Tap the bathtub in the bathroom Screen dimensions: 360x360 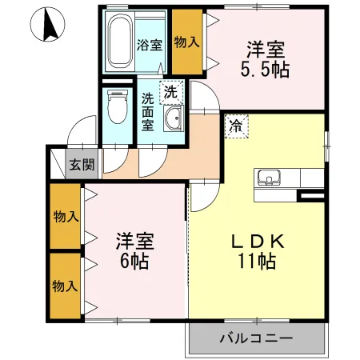click(x=120, y=41)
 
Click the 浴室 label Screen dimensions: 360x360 click(x=150, y=45)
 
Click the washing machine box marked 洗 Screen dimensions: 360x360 click(x=170, y=92)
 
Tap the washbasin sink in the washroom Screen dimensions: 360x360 click(x=172, y=122)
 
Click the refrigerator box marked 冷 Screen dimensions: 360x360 click(x=236, y=124)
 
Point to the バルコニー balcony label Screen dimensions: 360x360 click(x=256, y=338)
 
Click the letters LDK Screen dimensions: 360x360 click(x=255, y=241)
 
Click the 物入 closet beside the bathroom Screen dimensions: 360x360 click(x=187, y=41)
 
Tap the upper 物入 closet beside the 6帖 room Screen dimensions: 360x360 click(x=66, y=216)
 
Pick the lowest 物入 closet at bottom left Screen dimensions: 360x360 click(x=66, y=285)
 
